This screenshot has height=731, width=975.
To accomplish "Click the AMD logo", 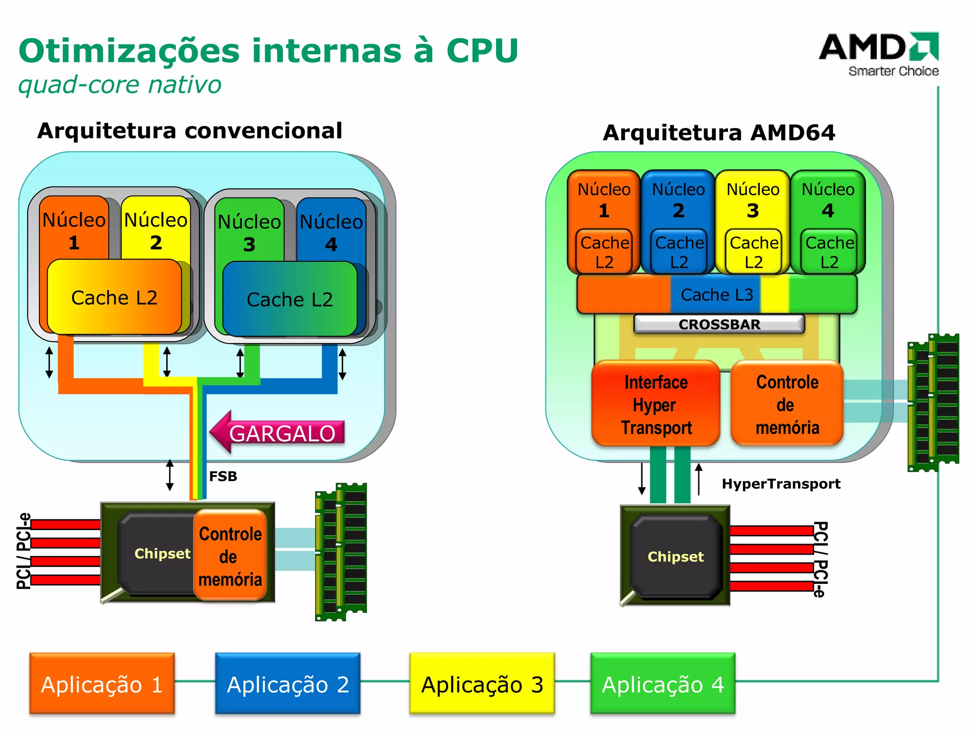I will click(x=878, y=53).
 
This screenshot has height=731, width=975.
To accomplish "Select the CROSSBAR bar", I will click(x=719, y=324).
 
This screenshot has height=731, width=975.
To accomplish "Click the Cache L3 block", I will click(x=716, y=295).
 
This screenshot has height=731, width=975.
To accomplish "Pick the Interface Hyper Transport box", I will click(x=656, y=404).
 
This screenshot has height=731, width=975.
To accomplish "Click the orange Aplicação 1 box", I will click(x=102, y=683).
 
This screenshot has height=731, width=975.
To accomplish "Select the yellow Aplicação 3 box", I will click(x=482, y=683).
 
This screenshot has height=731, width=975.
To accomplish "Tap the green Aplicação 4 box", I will click(x=663, y=683).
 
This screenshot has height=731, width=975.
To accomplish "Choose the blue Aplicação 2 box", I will click(x=288, y=683).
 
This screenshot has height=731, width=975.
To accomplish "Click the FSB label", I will click(x=223, y=476).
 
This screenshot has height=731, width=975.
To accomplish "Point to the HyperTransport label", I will click(x=781, y=484).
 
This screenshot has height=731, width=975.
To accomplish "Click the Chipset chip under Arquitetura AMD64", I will click(x=675, y=556).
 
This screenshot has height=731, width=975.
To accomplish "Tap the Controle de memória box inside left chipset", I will click(x=230, y=556).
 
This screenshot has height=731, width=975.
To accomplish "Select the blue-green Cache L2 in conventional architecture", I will click(x=289, y=299).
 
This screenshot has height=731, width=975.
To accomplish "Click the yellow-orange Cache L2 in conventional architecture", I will click(x=114, y=297).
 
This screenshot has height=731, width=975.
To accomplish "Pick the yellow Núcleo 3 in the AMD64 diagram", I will click(x=753, y=200).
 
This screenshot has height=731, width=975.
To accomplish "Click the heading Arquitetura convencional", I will click(x=189, y=130).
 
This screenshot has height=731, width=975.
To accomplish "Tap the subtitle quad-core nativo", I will click(x=119, y=85).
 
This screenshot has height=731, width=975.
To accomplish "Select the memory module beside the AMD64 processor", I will click(x=933, y=402).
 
